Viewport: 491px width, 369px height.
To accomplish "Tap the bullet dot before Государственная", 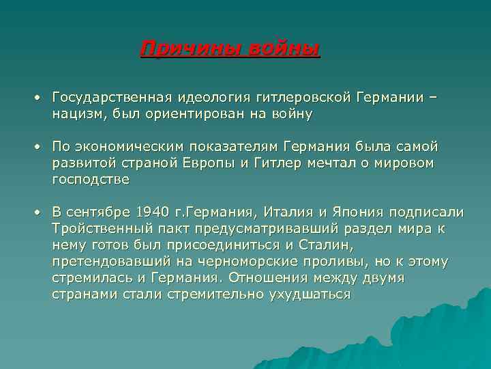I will coord(40,98).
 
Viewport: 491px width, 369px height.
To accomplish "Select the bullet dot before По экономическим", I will coord(40,148).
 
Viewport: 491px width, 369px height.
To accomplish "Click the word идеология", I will coord(211,98).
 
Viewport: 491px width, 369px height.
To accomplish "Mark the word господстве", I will coord(90,180).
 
